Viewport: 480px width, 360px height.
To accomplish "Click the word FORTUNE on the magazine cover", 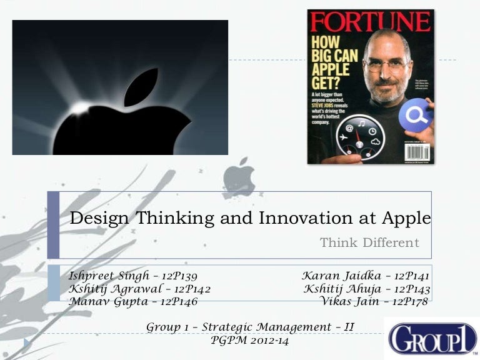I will coord(369,22).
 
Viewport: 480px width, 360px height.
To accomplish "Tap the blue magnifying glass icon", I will coord(416,116).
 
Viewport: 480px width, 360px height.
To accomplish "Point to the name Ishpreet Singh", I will coord(108,275).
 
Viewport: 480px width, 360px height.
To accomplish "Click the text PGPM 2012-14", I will coord(251,341).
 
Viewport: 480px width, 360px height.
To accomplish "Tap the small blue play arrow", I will coord(27,343).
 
